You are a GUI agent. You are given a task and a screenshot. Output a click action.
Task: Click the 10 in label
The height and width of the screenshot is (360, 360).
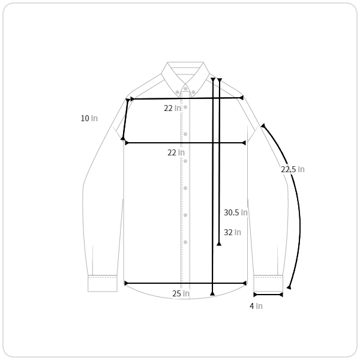pyautogui.click(x=89, y=118)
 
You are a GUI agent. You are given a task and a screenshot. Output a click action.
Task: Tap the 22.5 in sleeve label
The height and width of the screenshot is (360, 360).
pyautogui.click(x=293, y=169)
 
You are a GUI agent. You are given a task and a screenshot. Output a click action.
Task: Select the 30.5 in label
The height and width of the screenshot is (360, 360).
pyautogui.click(x=236, y=212)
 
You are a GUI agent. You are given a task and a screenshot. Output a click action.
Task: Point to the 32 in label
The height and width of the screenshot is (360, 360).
pyautogui.click(x=232, y=232)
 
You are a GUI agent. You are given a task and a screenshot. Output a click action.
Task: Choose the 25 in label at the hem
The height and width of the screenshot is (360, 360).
pyautogui.click(x=181, y=293)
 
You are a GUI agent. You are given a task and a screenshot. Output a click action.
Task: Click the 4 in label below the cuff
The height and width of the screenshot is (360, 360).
pyautogui.click(x=256, y=306)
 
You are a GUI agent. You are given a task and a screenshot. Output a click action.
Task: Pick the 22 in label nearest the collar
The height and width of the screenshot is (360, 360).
pyautogui.click(x=172, y=108)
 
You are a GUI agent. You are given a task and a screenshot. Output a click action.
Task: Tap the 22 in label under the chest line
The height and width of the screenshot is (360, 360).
pyautogui.click(x=176, y=152)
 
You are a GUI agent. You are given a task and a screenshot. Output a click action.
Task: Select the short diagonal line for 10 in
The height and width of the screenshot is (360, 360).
pyautogui.click(x=125, y=119)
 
